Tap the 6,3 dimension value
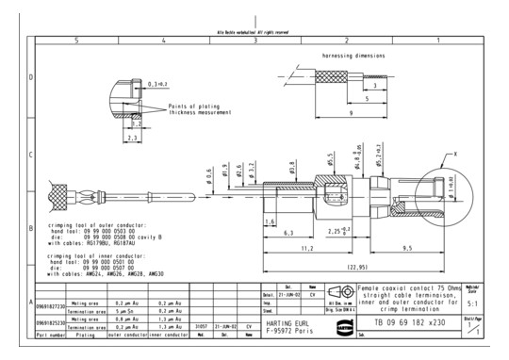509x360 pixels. coord(289,230)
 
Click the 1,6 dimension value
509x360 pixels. coord(270,221)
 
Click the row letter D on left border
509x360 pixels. coord(6,77)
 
